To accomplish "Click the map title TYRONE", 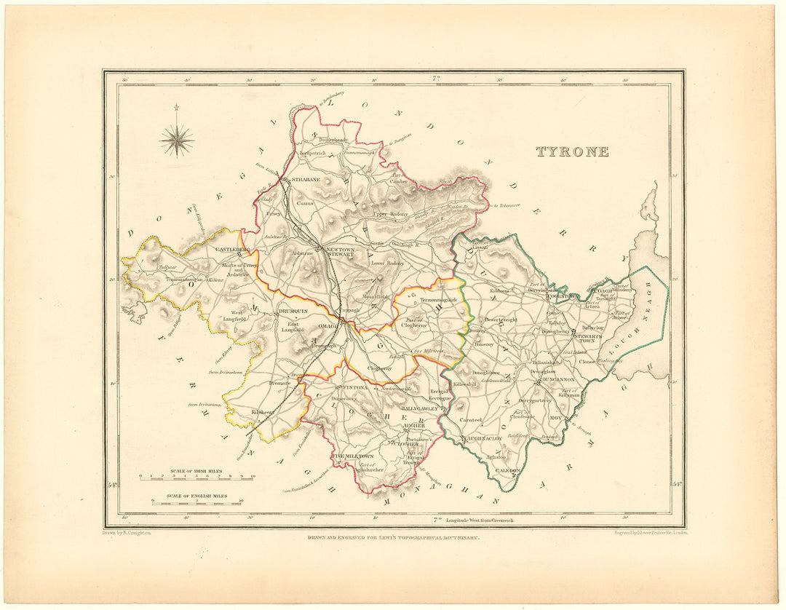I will point(572,152).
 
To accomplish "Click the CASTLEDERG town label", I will point(232,250).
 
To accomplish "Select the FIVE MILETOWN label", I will point(354,456).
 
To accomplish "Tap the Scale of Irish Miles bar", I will point(196,478).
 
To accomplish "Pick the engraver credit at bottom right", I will point(646,533).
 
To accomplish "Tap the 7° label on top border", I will point(437,78).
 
